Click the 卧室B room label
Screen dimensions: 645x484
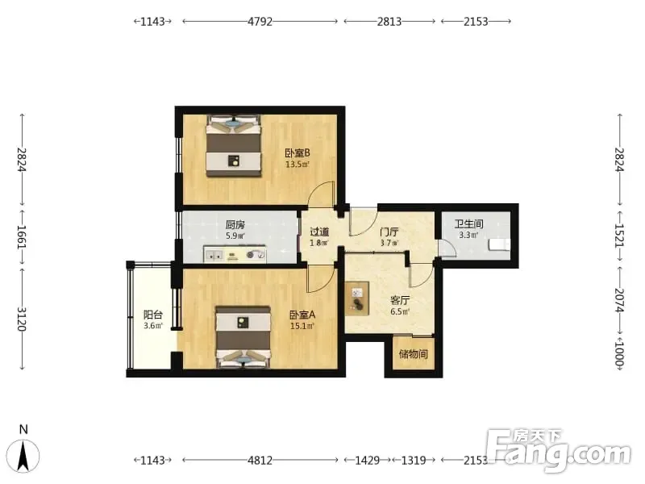coord(298,153)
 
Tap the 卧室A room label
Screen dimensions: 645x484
coord(302,315)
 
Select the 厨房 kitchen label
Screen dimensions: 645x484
coord(235,225)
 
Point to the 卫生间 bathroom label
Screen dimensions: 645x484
coord(468,224)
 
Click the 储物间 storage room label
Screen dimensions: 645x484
coord(414,354)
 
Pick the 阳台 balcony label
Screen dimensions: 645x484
coord(153,315)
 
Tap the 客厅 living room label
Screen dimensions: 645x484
coord(400,300)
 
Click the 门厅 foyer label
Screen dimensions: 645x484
coord(389,232)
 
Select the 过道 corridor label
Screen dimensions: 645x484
coord(319,232)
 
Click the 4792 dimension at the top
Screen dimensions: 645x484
coord(260,22)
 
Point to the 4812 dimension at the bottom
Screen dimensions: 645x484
coord(260,460)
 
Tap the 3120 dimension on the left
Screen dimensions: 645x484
coord(22,319)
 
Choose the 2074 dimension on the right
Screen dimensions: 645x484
coord(620,300)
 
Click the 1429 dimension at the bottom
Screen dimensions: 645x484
coord(368,460)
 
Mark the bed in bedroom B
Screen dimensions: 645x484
coord(234,146)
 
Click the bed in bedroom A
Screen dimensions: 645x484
coord(243,336)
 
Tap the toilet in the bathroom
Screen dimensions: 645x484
coord(499,244)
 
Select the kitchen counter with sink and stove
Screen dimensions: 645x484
coord(235,255)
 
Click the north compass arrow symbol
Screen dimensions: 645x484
coord(24,455)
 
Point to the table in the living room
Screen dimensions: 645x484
coord(357,298)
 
